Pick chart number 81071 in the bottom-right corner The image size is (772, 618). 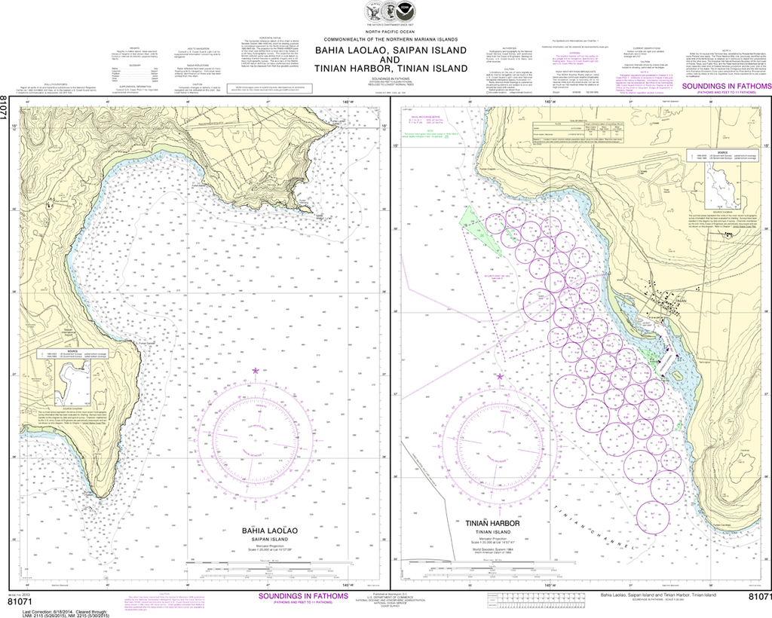[x=759, y=598]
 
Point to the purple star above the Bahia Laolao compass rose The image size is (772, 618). [x=255, y=371]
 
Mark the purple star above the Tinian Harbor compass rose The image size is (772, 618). [x=498, y=376]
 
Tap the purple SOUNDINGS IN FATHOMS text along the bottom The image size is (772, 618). [x=303, y=596]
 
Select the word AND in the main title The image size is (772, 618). [x=390, y=59]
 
